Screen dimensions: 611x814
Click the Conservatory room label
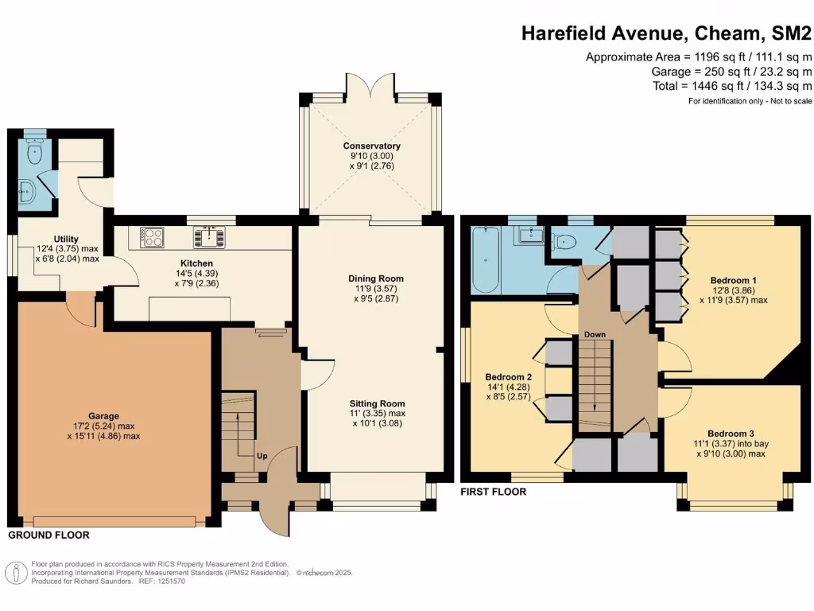371,146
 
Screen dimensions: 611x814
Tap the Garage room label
103,416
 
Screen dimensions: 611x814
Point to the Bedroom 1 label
733,281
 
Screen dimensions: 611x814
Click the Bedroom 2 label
508,376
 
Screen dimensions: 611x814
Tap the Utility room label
66,239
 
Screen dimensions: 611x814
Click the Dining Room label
376,278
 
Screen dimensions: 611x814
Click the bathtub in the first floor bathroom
486,260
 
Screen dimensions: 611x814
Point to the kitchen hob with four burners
152,236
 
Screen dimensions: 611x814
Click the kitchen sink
209,236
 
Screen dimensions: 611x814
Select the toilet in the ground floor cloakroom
34,153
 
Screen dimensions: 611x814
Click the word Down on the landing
595,335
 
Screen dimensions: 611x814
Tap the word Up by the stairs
262,457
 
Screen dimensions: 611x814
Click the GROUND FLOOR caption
48,535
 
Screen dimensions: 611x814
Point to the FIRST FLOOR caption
494,492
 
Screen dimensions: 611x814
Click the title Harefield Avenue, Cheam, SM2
667,33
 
